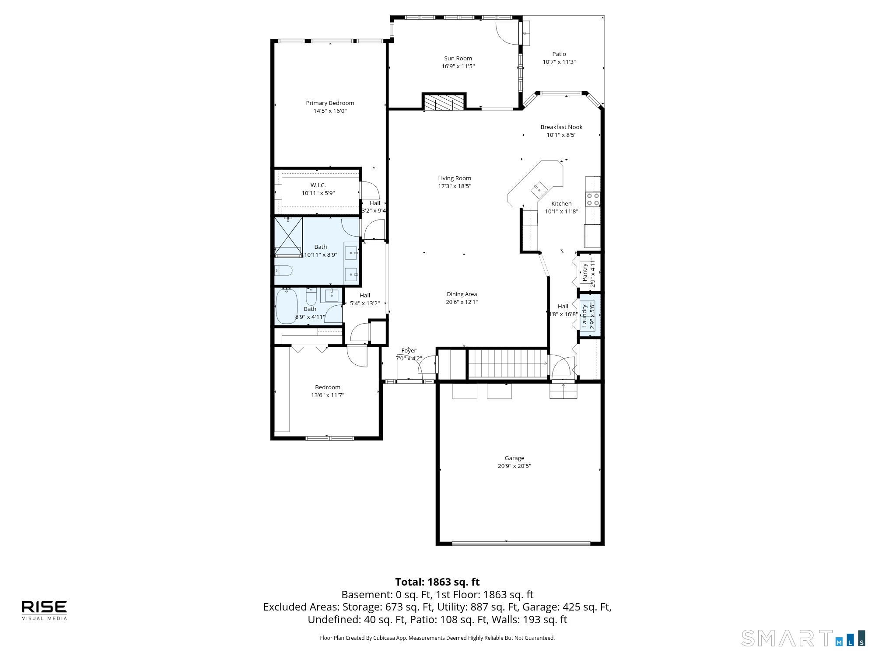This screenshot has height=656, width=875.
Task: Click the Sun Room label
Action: (x=458, y=58)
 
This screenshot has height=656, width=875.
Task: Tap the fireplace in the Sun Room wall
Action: (x=444, y=102)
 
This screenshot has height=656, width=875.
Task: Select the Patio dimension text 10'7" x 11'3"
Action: (x=559, y=62)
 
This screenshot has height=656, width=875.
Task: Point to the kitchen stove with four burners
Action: (x=593, y=199)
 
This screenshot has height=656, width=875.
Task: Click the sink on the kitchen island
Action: (x=539, y=189)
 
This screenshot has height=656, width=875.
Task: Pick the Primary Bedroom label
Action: (x=330, y=103)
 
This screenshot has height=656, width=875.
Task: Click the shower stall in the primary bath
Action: (x=288, y=237)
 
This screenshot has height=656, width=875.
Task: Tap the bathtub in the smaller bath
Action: (x=287, y=306)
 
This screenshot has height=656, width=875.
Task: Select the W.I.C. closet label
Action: (x=318, y=185)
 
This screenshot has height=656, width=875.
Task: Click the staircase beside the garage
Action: (x=508, y=363)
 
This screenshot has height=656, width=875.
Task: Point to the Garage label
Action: (x=514, y=458)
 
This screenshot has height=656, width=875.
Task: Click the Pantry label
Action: (x=585, y=272)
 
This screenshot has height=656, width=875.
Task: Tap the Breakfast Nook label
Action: (x=561, y=127)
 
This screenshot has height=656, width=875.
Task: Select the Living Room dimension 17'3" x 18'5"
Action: (x=455, y=186)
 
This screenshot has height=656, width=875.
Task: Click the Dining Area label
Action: (x=462, y=294)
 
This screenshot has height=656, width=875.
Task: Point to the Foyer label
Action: (x=409, y=350)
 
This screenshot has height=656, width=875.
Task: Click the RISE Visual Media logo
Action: (x=45, y=610)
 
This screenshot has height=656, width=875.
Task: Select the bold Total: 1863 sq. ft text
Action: (x=437, y=582)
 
